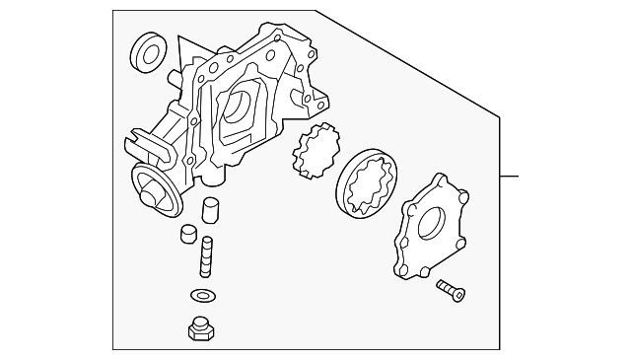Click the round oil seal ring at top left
(147, 55)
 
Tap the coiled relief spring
(207, 257)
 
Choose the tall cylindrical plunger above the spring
(209, 213)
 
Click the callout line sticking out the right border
(509, 178)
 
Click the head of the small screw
(458, 293)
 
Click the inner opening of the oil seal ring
(148, 54)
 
